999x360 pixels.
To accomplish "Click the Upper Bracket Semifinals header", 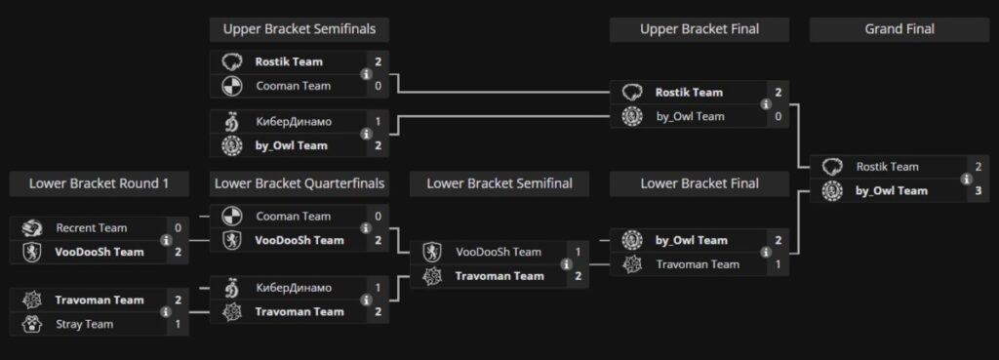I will [299, 29].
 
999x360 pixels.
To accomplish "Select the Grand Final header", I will [899, 29].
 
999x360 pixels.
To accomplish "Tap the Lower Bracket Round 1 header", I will [99, 182].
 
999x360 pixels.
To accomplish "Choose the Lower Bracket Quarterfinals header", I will [299, 182].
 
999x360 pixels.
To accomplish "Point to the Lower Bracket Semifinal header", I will [499, 182].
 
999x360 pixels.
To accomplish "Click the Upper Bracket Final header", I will [699, 29].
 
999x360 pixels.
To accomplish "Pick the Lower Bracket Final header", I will [699, 182].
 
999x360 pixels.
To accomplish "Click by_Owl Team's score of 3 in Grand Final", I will [978, 190].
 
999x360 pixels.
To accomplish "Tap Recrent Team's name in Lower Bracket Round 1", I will [91, 228].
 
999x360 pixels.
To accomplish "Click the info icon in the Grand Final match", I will [966, 179].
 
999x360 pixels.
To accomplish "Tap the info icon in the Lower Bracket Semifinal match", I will [566, 264].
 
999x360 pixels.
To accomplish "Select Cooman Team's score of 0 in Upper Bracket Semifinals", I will [378, 86].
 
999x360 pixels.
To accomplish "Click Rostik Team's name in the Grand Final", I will [887, 167].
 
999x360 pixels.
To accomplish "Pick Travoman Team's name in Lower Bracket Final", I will [697, 264].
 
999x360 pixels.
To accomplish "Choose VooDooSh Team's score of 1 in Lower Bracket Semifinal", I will [578, 253].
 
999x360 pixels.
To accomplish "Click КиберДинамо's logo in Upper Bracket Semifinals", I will [231, 122].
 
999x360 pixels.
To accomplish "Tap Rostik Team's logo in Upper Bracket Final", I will [631, 93].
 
